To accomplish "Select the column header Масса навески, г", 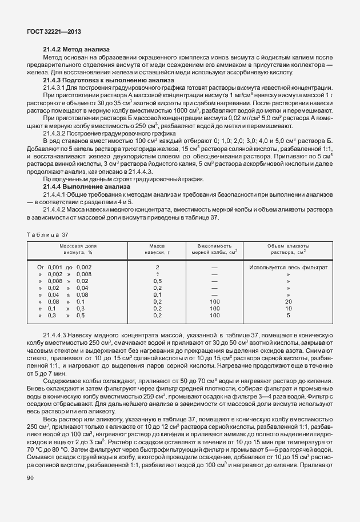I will [x=158, y=248].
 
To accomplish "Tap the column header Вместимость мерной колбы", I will [x=214, y=248].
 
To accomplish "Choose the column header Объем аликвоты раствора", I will [x=288, y=248].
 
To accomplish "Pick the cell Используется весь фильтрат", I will [x=288, y=267].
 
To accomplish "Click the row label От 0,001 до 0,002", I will [x=64, y=267].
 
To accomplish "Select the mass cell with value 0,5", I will [x=158, y=281].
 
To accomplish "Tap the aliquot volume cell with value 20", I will [x=288, y=301].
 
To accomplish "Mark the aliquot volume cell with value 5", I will [x=288, y=315].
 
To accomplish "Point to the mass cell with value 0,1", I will [x=158, y=294].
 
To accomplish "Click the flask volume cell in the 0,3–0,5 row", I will [x=214, y=315].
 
